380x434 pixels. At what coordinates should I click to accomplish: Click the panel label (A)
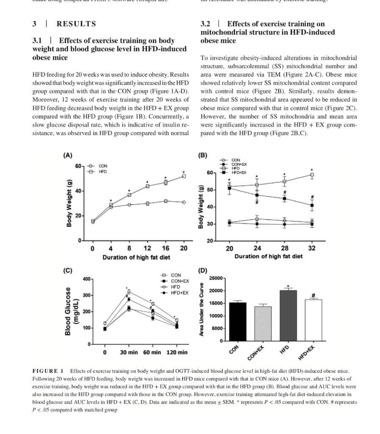coord(67,155)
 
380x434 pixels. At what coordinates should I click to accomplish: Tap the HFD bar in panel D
coord(288,315)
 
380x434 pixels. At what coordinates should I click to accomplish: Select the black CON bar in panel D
coord(238,322)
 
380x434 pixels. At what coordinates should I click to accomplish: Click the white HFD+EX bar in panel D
coord(313,320)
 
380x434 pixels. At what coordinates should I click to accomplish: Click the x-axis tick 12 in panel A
coord(147,248)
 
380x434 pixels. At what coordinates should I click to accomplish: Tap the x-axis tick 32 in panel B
coord(312,248)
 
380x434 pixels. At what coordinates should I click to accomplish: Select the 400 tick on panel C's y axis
coord(86,279)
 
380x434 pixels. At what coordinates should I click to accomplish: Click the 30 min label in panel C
coord(129,352)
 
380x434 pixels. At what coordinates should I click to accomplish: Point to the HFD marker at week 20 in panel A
coord(184,176)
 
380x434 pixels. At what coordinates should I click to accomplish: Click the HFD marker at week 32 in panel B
coord(312,175)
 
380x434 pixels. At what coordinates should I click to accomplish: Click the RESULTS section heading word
coord(76,24)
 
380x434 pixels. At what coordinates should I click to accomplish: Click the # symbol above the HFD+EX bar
coord(313,295)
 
